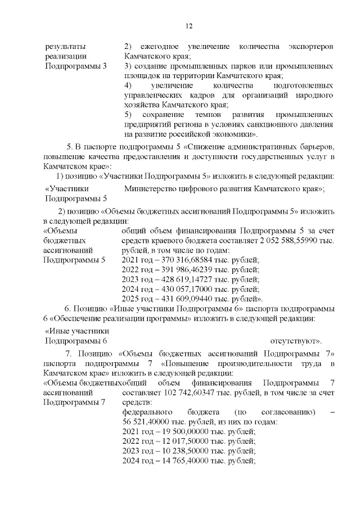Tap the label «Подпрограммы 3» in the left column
[x=75, y=66]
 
